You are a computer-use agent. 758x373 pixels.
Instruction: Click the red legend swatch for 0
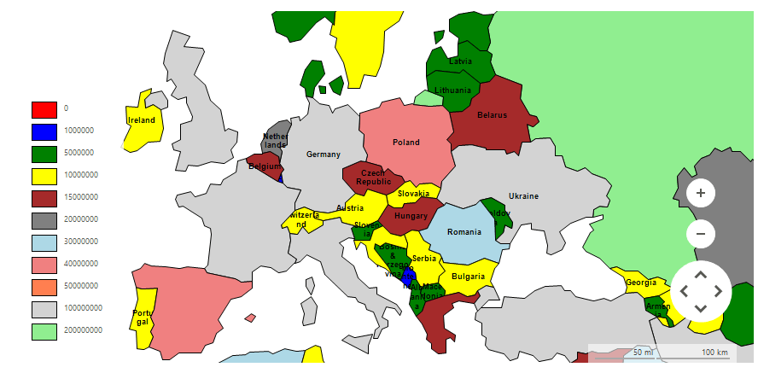point(44,109)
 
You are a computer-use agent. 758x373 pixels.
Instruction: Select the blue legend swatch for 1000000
point(44,131)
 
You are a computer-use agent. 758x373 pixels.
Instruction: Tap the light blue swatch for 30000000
point(44,242)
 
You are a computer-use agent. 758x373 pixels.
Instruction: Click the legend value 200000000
point(84,330)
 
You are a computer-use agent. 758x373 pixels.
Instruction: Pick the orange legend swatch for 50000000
point(44,286)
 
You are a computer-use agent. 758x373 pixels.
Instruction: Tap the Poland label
point(405,143)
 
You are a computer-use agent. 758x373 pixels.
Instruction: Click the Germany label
point(324,154)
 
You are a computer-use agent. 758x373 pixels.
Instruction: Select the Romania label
point(464,232)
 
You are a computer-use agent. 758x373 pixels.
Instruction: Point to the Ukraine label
point(523,196)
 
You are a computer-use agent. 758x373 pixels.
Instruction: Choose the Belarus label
point(492,115)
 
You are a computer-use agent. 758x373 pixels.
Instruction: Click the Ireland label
point(142,120)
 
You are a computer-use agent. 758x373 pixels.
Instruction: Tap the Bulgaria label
point(468,277)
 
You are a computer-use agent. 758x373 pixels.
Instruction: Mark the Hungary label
point(411,217)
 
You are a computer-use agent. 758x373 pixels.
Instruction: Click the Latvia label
point(461,61)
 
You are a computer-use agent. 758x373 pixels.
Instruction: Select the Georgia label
point(641,283)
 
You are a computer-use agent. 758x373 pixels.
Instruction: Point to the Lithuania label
point(452,90)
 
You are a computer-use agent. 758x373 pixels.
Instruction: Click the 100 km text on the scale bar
point(714,353)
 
